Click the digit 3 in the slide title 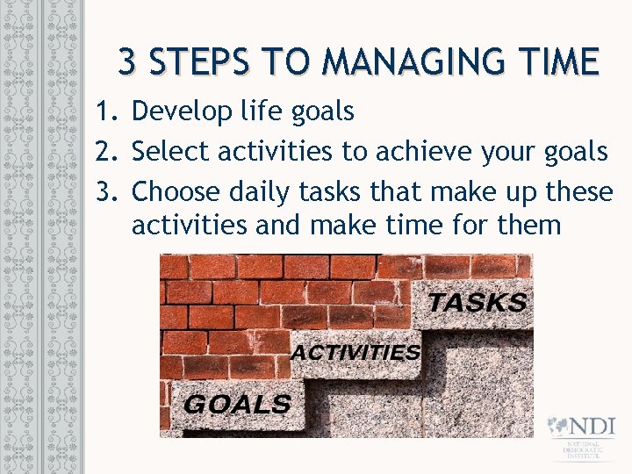coord(128,62)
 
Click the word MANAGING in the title coord(412,62)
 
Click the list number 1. coord(106,111)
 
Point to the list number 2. coord(106,151)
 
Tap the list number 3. coord(106,190)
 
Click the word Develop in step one coord(182,111)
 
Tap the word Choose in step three coord(177,190)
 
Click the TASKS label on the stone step coord(478,303)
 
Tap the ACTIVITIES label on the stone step coord(355,353)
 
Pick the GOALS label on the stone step coord(237,405)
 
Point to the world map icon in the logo coord(558,427)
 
